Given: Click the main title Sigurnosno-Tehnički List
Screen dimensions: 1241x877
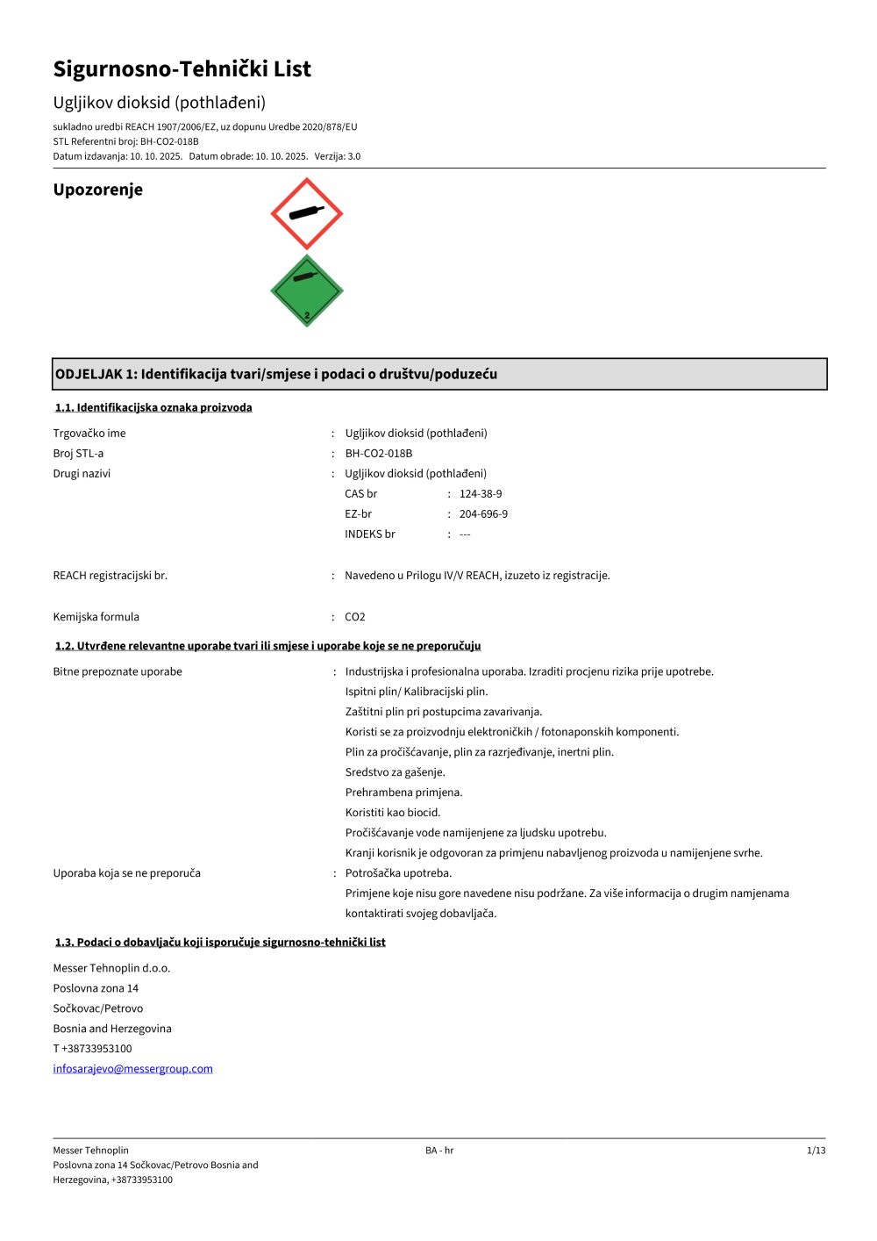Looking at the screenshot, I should pos(182,69).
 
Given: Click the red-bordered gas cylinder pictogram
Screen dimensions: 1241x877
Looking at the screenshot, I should pos(306,213).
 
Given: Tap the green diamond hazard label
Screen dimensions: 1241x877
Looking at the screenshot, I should pos(306,291).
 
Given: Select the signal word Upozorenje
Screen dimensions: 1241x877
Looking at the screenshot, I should pos(97,190).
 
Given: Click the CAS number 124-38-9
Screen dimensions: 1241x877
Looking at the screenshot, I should pos(481,494).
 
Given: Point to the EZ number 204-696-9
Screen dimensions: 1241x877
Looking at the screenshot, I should pos(483,514).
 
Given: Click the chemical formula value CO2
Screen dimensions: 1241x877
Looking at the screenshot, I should pos(355,617).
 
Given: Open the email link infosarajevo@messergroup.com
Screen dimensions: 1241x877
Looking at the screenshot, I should pos(132,1069).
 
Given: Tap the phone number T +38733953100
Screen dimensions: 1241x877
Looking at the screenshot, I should pos(92,1049).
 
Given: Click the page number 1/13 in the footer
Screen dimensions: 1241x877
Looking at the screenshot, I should pos(816,1151).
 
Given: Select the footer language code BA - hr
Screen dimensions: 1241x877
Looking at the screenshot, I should pos(439,1151).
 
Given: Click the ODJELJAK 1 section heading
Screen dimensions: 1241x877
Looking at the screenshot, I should pos(276,374).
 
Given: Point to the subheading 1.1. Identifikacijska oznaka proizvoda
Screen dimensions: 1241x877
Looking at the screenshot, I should pos(153,407).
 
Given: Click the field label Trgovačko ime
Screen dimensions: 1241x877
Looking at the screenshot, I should pos(89,434).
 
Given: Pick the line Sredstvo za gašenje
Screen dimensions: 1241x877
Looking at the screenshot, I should pos(395,772).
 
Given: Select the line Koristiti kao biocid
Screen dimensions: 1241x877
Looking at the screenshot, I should pos(393,813).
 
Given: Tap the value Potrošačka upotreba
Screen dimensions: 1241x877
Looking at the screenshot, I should pos(398,873).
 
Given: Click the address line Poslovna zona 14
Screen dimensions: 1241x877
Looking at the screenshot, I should pos(96,988).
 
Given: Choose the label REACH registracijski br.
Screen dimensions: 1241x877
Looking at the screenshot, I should pos(110,576).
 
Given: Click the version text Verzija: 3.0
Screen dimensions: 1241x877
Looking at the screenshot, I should pos(338,156).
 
